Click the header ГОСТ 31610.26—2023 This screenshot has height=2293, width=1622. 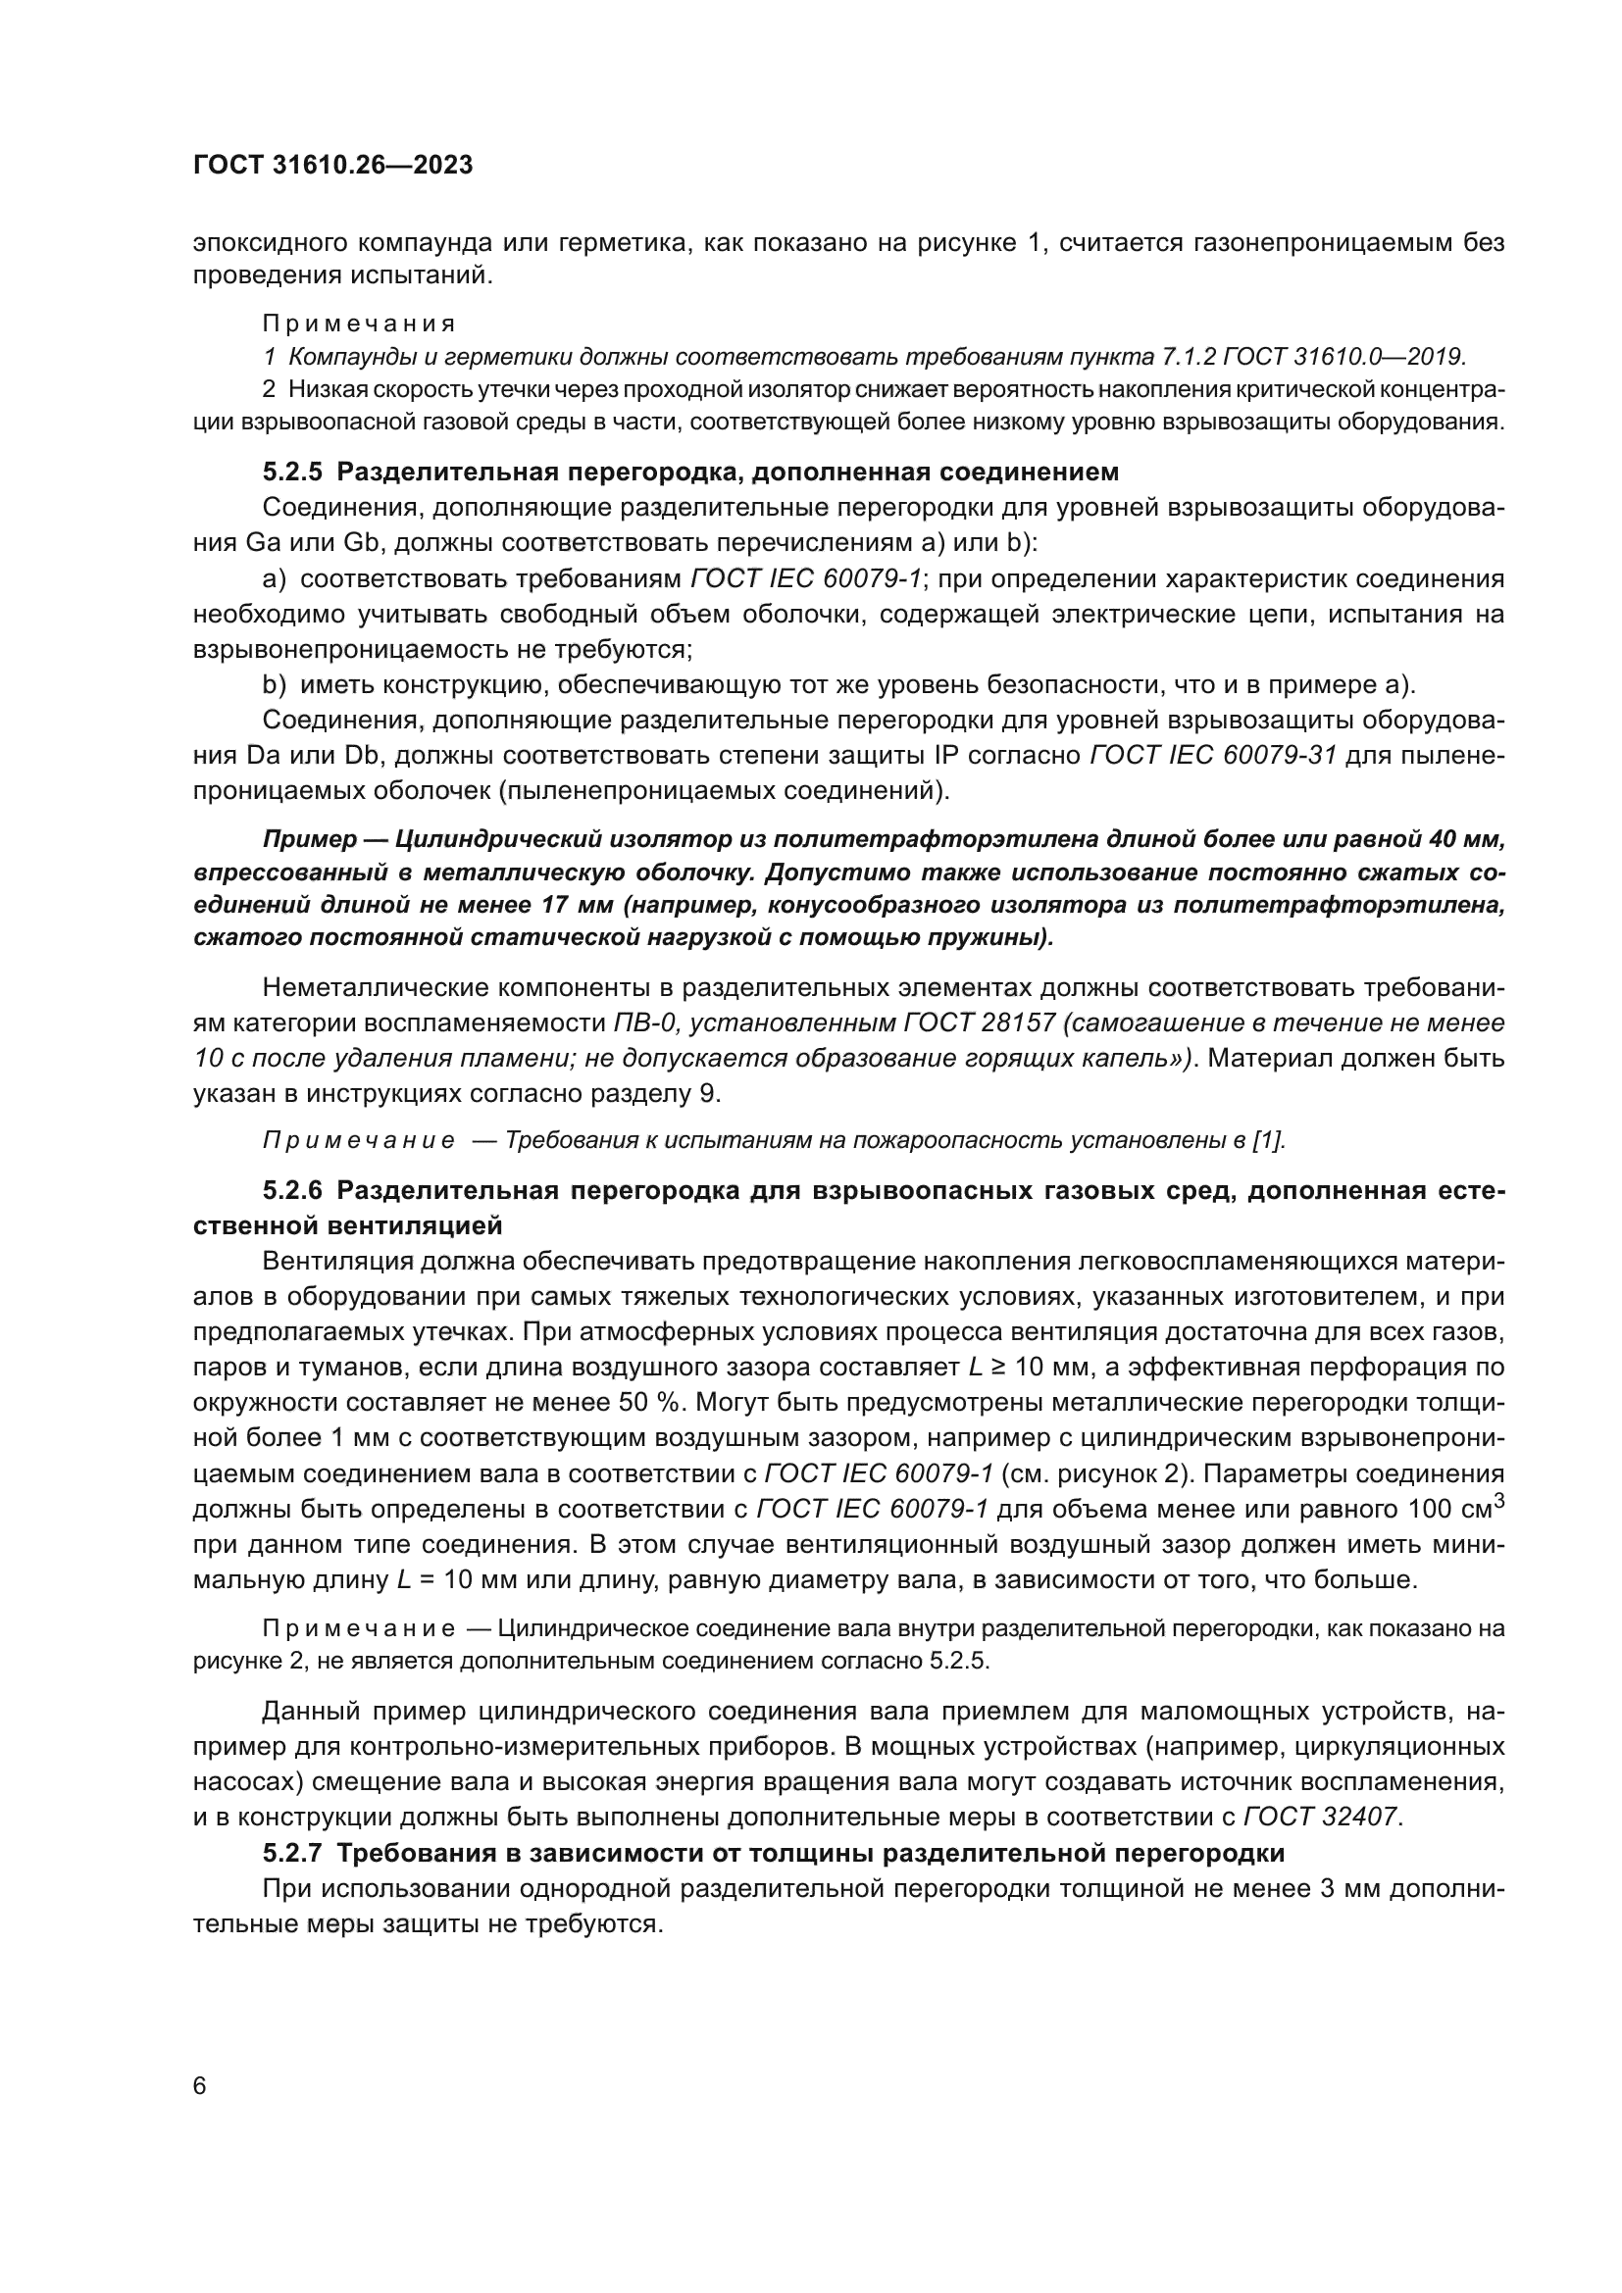[x=332, y=166]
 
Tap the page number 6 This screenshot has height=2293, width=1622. [x=200, y=2086]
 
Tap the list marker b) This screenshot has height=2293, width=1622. [x=275, y=685]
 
